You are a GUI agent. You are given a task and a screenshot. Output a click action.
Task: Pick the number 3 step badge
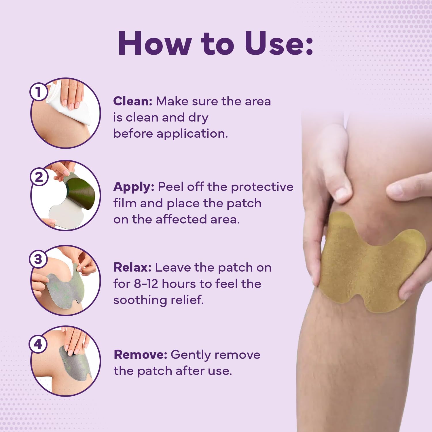coord(38,259)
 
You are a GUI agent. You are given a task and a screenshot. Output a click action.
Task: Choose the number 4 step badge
coord(38,344)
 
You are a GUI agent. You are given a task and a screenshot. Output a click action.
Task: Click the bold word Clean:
coord(132,101)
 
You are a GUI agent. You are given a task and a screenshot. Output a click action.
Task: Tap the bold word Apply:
coord(134,187)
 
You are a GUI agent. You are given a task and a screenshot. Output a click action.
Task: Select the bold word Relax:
coord(132,268)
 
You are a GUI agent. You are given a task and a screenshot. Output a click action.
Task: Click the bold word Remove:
coord(140,355)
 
